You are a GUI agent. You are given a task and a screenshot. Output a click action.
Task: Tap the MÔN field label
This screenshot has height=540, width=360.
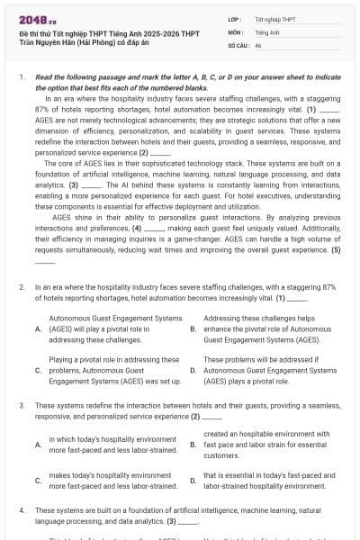click(234, 31)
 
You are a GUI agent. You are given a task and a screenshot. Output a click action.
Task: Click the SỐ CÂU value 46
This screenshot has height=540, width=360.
click(258, 44)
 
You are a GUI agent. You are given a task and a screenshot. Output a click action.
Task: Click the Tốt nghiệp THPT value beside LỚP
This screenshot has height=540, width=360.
click(274, 17)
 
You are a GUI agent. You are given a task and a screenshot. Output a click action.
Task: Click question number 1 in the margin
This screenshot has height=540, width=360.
click(21, 78)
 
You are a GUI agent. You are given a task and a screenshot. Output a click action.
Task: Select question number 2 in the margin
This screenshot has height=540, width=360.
click(21, 286)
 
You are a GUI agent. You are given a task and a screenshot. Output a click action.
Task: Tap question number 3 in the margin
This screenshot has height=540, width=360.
click(21, 406)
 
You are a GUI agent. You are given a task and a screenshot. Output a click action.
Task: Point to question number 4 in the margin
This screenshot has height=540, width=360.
click(21, 509)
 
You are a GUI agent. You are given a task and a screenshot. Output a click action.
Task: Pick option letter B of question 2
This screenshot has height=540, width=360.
click(193, 329)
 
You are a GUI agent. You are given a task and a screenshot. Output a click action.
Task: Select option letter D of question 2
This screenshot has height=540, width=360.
click(193, 370)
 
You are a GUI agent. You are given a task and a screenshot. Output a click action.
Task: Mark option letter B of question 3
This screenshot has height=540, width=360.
click(193, 445)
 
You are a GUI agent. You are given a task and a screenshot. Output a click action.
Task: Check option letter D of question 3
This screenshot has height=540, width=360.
click(193, 480)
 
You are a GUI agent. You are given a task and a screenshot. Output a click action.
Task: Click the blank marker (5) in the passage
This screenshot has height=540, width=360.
click(335, 249)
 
